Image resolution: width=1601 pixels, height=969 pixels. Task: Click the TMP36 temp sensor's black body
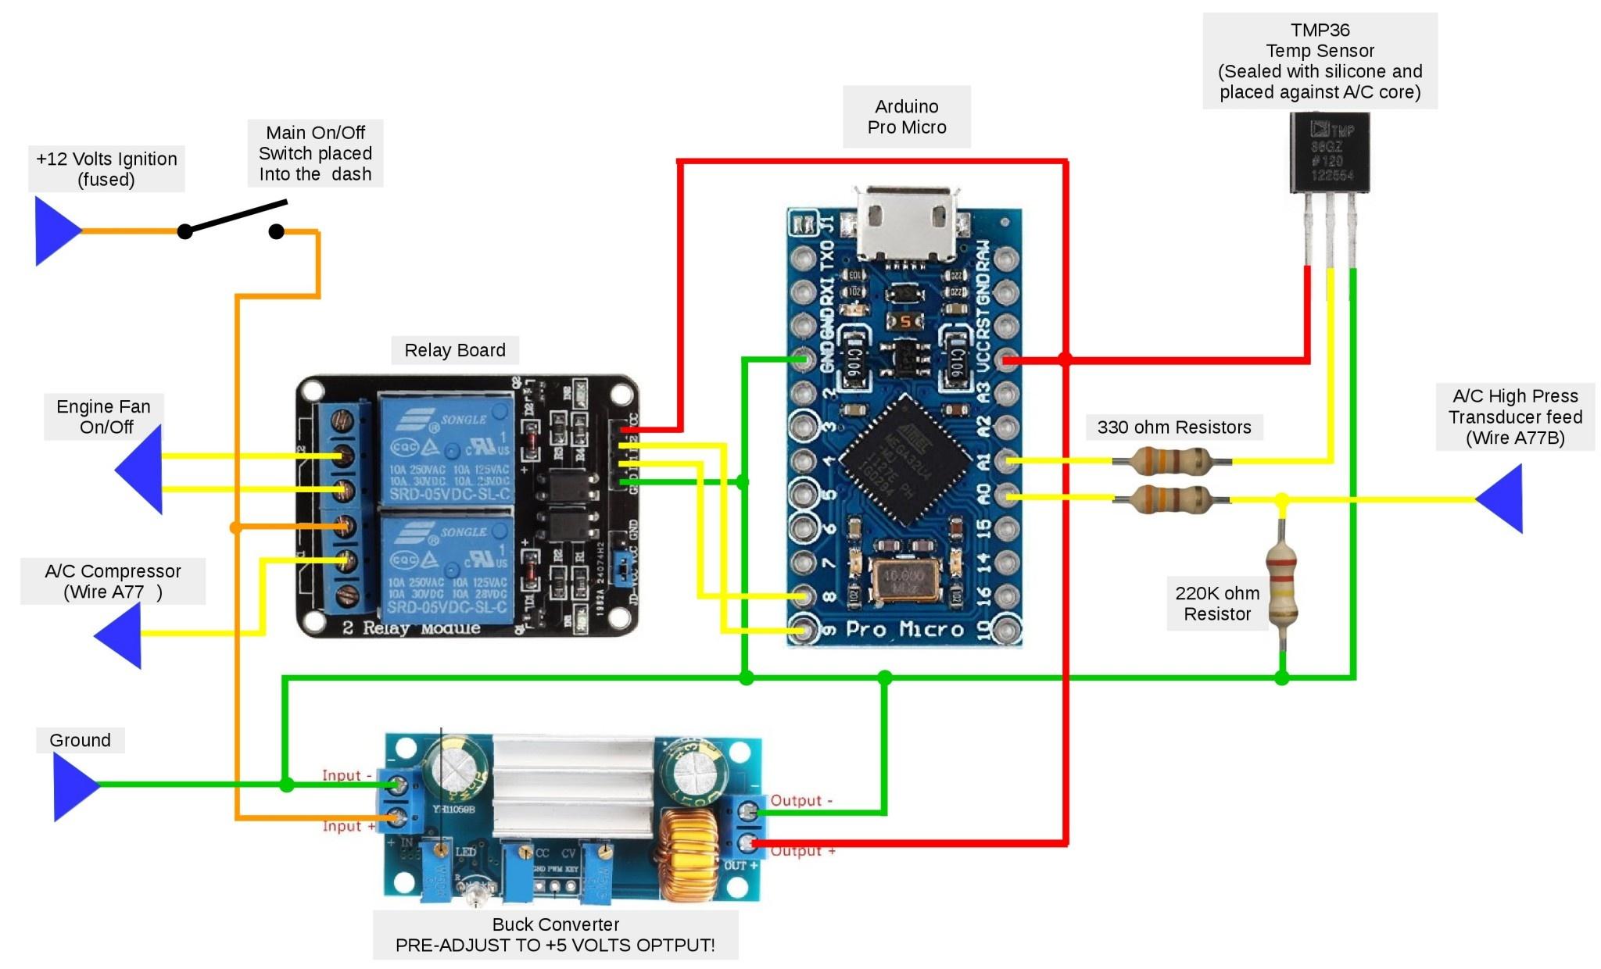coord(1329,152)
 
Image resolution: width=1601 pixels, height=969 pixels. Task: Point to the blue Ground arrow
coord(74,785)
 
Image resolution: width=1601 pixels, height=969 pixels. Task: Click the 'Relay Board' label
coord(454,350)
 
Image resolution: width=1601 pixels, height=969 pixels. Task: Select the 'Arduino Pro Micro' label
coord(907,116)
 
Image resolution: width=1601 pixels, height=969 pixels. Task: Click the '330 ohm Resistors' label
coord(1173,427)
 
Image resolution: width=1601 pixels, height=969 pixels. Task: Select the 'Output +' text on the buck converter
coord(803,851)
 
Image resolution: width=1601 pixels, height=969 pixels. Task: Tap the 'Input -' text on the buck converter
coord(347,775)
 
